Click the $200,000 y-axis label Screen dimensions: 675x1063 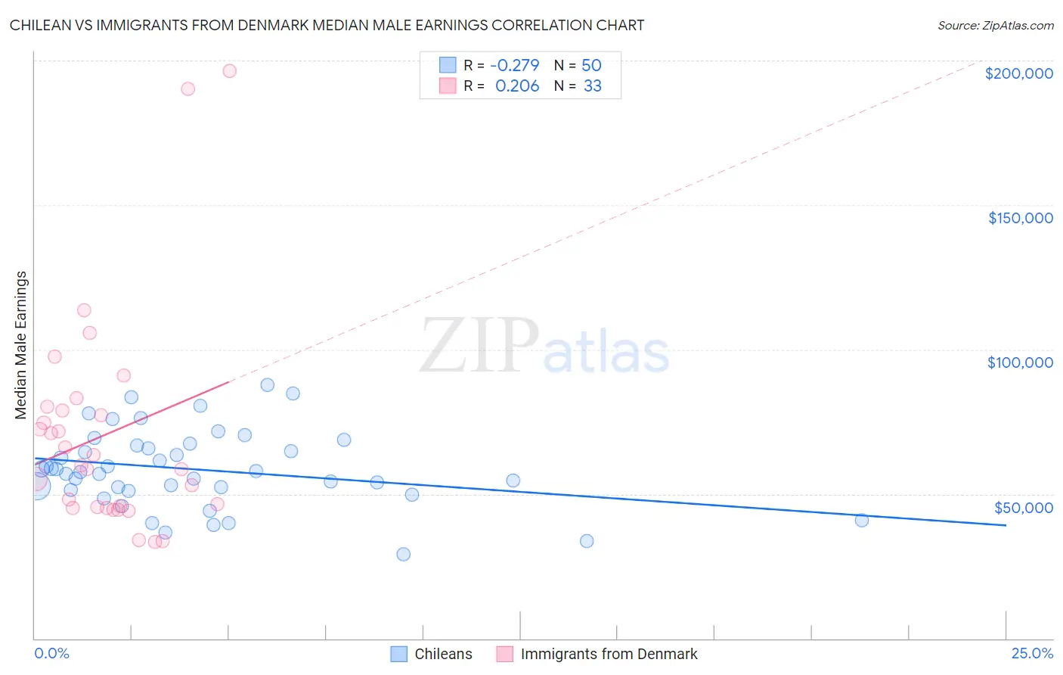pyautogui.click(x=1018, y=73)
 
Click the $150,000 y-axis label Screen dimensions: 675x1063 pyautogui.click(x=1020, y=218)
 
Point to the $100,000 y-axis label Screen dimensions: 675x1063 pyautogui.click(x=1020, y=362)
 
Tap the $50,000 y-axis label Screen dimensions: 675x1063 pyautogui.click(x=1023, y=508)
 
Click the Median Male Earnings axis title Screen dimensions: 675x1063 pyautogui.click(x=21, y=345)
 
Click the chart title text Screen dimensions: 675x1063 pyautogui.click(x=327, y=25)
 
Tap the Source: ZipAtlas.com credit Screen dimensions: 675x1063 pyautogui.click(x=995, y=26)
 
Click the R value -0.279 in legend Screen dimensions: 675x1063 pyautogui.click(x=514, y=66)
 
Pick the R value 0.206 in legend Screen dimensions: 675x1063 pyautogui.click(x=517, y=86)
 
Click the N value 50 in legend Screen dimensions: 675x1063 pyautogui.click(x=591, y=66)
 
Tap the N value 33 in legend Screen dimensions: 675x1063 pyautogui.click(x=592, y=86)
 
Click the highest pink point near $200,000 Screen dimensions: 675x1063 pyautogui.click(x=230, y=71)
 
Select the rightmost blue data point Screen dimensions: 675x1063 pyautogui.click(x=861, y=520)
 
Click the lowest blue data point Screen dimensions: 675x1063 pyautogui.click(x=404, y=554)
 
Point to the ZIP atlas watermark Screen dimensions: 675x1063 pyautogui.click(x=544, y=347)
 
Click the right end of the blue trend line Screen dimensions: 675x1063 pyautogui.click(x=1006, y=525)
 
